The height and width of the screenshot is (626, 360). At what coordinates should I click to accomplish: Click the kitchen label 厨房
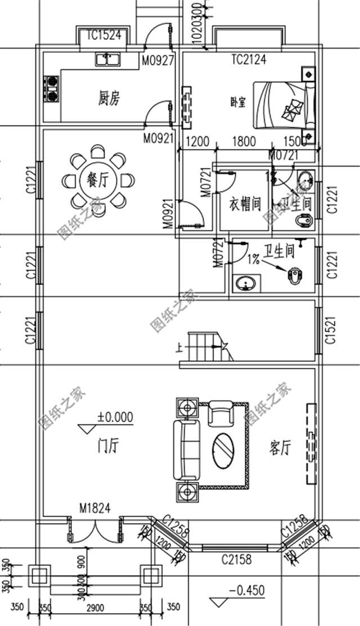point(109,99)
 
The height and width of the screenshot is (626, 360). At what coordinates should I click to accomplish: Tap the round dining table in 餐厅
point(96,180)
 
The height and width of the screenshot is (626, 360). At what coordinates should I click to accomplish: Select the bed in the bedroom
point(281,105)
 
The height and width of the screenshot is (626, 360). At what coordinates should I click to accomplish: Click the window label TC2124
point(249,58)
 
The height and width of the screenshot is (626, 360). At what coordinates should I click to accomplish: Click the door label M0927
point(158,59)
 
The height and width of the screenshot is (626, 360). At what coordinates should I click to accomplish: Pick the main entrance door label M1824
point(94,509)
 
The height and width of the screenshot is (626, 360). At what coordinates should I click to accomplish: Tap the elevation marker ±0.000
point(115,417)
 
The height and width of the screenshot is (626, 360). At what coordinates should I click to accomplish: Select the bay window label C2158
point(236,560)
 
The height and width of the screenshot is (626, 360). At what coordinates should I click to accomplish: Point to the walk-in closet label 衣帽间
point(245,204)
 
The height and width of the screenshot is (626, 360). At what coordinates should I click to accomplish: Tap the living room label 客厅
point(280,448)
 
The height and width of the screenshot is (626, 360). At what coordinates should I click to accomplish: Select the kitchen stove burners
point(52,89)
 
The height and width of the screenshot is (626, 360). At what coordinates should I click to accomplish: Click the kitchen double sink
point(107,59)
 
